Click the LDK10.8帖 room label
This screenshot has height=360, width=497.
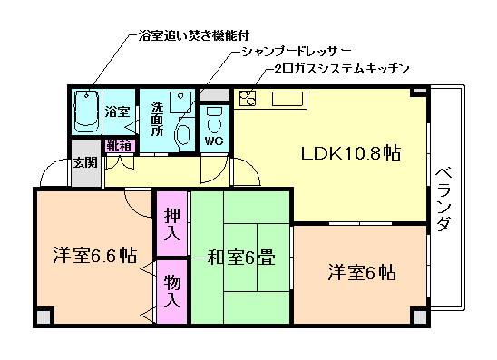[350, 154]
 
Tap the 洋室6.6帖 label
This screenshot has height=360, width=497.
[93, 255]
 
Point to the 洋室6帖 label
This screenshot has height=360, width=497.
[362, 271]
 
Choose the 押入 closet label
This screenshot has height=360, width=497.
[171, 223]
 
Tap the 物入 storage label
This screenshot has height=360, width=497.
[171, 291]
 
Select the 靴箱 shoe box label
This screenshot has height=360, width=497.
[119, 145]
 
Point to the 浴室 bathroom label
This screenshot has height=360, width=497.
[117, 112]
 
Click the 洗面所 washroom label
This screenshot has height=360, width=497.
[157, 117]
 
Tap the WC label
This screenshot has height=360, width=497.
[214, 142]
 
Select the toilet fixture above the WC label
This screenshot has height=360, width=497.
[215, 118]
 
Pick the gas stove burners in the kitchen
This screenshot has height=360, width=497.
[248, 98]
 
